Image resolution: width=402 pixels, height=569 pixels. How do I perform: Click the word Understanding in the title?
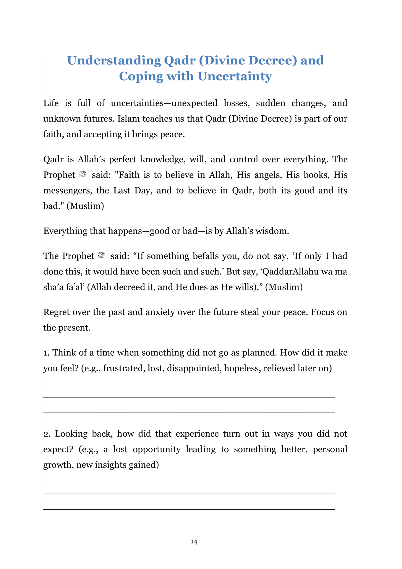(114, 61)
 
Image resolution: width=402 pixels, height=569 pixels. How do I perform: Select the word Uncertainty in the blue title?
(235, 76)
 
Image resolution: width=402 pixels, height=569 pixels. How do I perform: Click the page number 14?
(194, 542)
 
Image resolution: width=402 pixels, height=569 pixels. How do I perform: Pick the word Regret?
(56, 312)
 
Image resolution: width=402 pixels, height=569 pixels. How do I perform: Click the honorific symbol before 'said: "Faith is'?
(83, 175)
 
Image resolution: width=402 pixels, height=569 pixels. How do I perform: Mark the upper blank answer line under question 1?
(189, 397)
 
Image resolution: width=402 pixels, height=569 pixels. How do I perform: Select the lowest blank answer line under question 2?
(189, 509)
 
